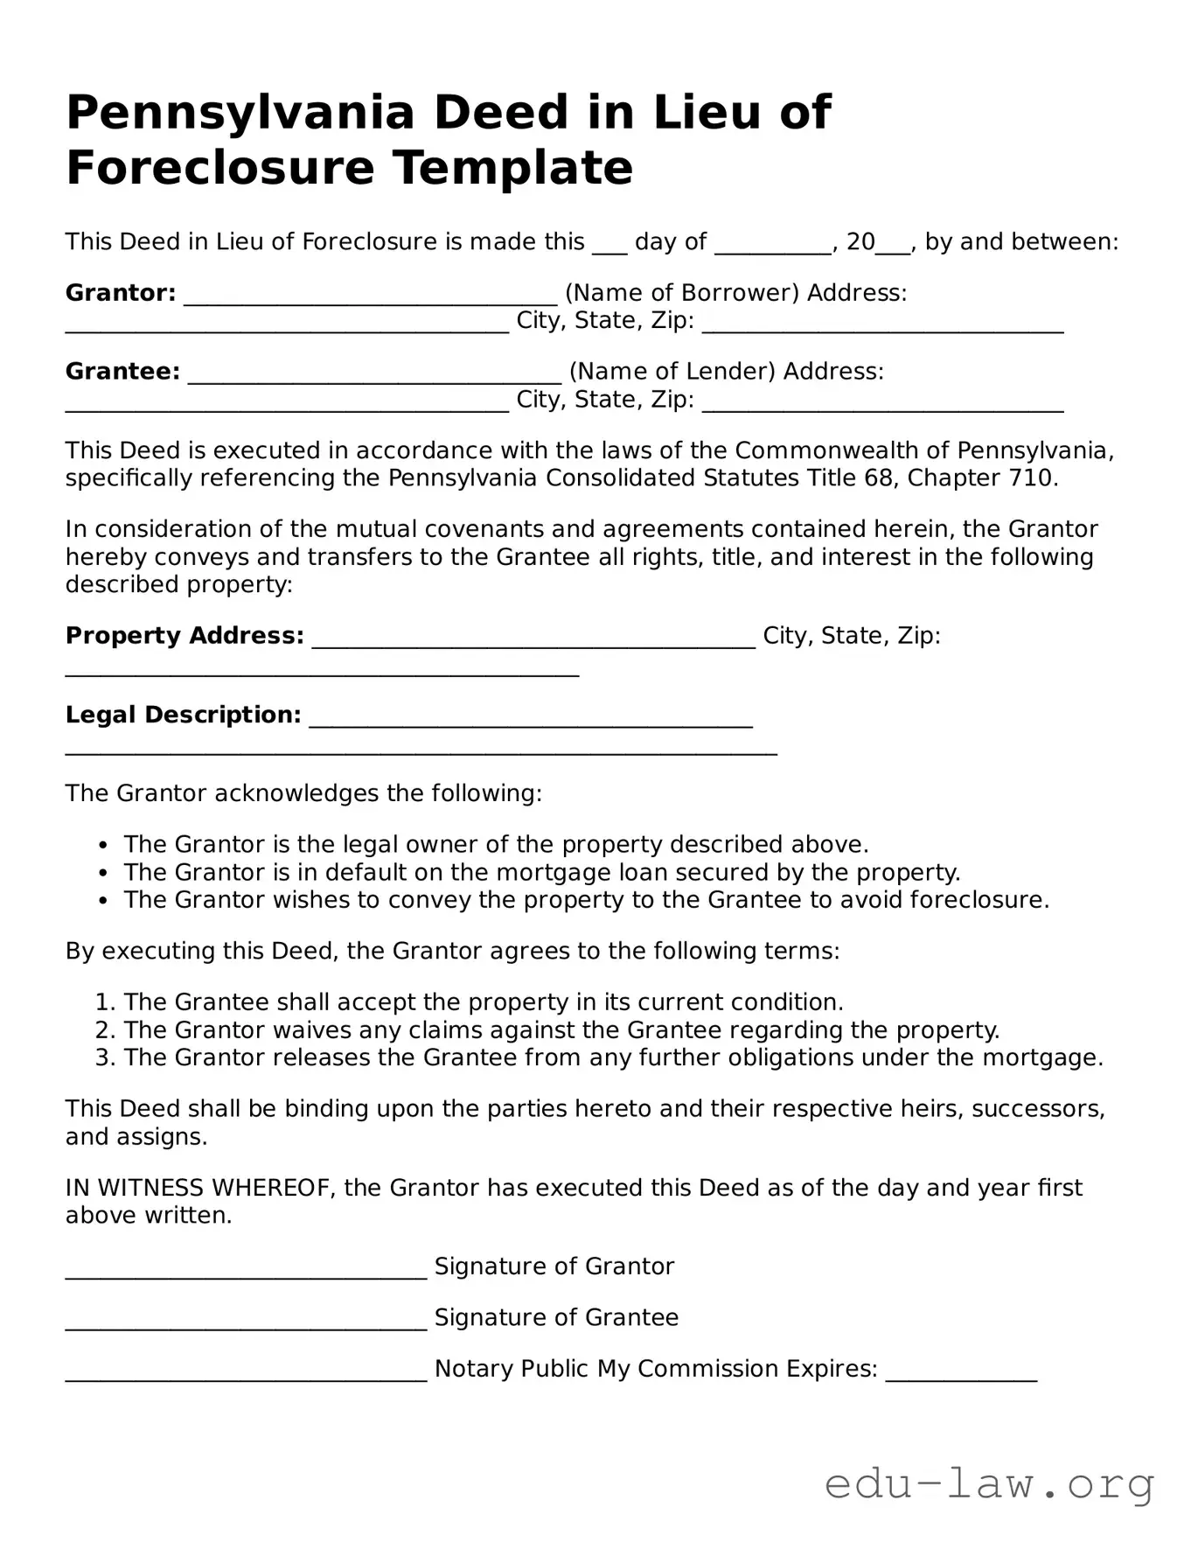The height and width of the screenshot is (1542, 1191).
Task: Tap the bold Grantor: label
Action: coord(121,293)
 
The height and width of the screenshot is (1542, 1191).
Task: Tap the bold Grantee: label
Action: coord(122,372)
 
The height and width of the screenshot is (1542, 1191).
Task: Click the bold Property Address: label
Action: coord(185,636)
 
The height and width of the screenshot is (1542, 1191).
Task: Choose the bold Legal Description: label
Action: coord(183,715)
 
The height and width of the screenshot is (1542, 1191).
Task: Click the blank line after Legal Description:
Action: coord(531,719)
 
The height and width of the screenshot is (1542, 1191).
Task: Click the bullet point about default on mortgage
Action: coord(541,873)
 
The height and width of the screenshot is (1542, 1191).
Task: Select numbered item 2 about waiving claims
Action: coord(561,1030)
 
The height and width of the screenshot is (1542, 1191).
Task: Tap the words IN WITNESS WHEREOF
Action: coord(200,1188)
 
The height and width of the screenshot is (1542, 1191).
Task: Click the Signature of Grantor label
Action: coord(554,1266)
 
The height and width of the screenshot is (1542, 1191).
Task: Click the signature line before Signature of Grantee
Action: coord(246,1322)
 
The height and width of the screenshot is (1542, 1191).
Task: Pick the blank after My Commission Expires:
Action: coord(961,1373)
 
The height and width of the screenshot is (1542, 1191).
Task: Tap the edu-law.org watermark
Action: coord(989,1484)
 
